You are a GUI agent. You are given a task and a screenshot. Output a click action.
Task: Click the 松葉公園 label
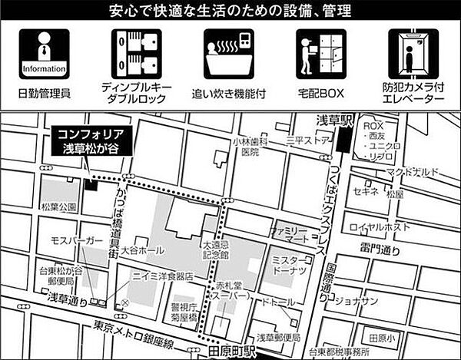(x=62, y=207)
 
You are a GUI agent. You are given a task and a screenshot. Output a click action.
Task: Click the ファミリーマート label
(x=289, y=234)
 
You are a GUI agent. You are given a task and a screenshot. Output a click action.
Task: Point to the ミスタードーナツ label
(x=290, y=267)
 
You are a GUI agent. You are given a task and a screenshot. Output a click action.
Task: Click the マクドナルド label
(x=416, y=170)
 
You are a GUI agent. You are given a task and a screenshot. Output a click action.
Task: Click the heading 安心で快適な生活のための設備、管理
(x=230, y=12)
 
